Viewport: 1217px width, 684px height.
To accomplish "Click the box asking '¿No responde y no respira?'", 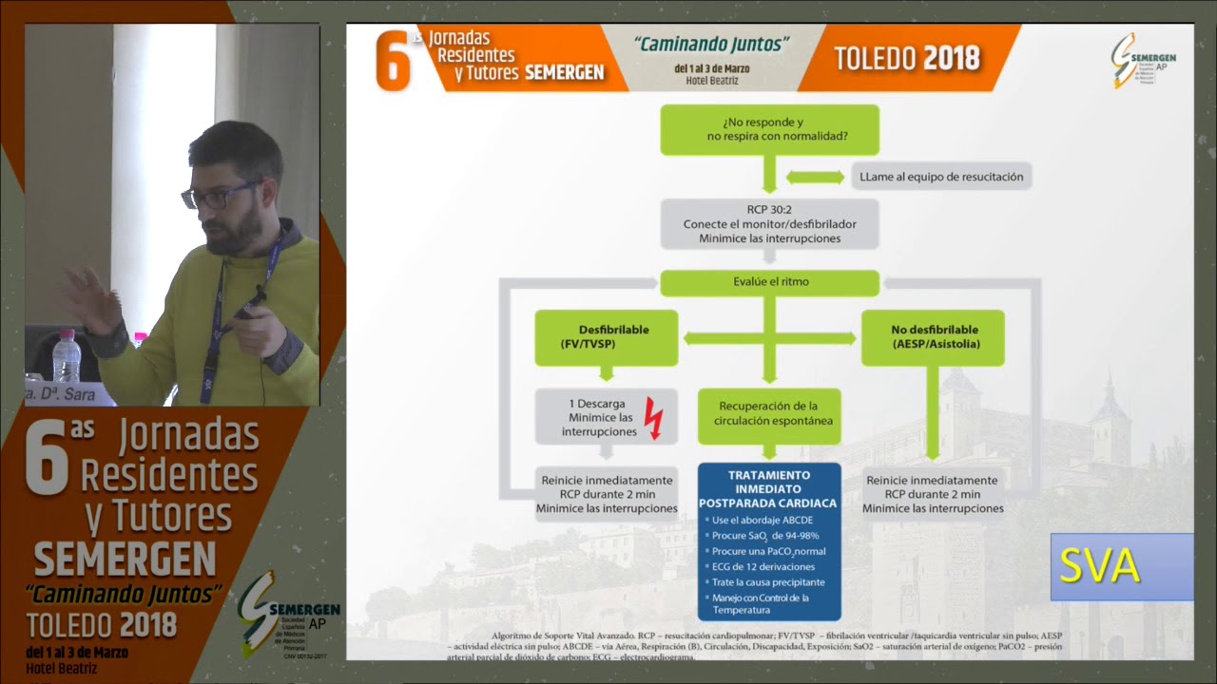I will tap(769, 130).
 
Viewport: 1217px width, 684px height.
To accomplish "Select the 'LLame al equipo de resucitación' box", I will tap(941, 176).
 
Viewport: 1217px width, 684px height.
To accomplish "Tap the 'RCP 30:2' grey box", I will tap(769, 224).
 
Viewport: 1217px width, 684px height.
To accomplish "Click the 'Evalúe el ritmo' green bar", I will tap(769, 282).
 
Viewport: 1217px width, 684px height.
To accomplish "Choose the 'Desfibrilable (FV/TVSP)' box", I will tap(606, 337).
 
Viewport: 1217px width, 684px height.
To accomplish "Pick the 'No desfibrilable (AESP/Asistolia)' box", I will tap(933, 337).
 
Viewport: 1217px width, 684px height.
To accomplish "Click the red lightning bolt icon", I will tap(653, 418).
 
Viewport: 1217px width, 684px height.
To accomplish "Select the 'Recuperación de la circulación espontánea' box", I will tap(769, 414).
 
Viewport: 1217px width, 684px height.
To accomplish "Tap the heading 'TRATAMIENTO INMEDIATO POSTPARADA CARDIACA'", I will tap(769, 488).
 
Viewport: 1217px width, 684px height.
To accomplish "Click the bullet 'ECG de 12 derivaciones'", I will tap(763, 567).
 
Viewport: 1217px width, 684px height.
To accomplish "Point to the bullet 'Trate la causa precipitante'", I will tap(768, 582).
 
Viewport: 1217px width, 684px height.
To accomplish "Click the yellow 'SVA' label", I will tap(1099, 567).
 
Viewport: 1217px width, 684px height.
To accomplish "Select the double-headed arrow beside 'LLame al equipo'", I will tap(815, 178).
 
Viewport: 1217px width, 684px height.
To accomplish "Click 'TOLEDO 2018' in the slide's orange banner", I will tap(906, 58).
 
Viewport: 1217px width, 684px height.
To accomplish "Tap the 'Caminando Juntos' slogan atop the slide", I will tap(711, 44).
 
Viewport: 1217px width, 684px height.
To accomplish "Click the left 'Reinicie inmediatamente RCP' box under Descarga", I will tap(606, 494).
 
